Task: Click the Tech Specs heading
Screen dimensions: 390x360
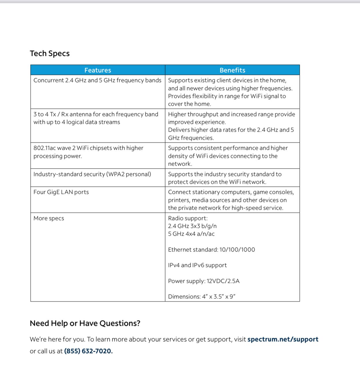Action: pyautogui.click(x=50, y=54)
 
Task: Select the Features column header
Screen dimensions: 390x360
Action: pyautogui.click(x=98, y=70)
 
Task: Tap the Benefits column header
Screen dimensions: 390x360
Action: pyautogui.click(x=232, y=70)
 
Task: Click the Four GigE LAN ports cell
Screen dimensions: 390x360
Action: pyautogui.click(x=61, y=192)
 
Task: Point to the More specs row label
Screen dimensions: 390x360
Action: pyautogui.click(x=49, y=218)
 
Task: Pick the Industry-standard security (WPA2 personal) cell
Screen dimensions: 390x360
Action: pyautogui.click(x=92, y=174)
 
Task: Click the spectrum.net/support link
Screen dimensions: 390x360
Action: pyautogui.click(x=283, y=339)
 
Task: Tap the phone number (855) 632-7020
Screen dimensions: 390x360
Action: pyautogui.click(x=88, y=351)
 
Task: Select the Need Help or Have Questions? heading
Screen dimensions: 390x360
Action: pyautogui.click(x=85, y=323)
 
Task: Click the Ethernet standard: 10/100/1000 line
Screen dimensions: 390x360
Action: pyautogui.click(x=211, y=250)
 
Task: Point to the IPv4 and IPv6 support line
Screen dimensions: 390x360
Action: pyautogui.click(x=197, y=265)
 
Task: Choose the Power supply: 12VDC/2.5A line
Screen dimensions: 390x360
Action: pyautogui.click(x=204, y=281)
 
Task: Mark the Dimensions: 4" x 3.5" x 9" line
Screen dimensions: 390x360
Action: pyautogui.click(x=202, y=297)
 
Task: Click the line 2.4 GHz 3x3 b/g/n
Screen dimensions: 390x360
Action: pyautogui.click(x=192, y=226)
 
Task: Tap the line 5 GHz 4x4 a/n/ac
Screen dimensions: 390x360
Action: pyautogui.click(x=191, y=234)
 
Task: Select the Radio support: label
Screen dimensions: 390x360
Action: pyautogui.click(x=188, y=218)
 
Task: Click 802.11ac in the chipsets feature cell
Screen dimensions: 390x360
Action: pyautogui.click(x=45, y=148)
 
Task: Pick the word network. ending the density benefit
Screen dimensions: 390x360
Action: pyautogui.click(x=180, y=164)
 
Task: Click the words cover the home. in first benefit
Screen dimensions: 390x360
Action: pyautogui.click(x=189, y=104)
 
